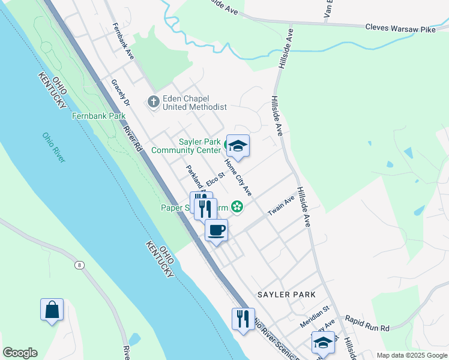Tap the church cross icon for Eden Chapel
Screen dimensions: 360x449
(x=153, y=102)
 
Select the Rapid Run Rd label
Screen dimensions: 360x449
(x=367, y=328)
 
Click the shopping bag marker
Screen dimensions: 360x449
(x=52, y=310)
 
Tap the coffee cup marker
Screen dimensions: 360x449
(x=216, y=229)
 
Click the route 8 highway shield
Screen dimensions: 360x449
(x=79, y=265)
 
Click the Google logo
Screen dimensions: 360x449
(x=20, y=353)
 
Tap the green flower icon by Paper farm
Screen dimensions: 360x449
(x=237, y=208)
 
